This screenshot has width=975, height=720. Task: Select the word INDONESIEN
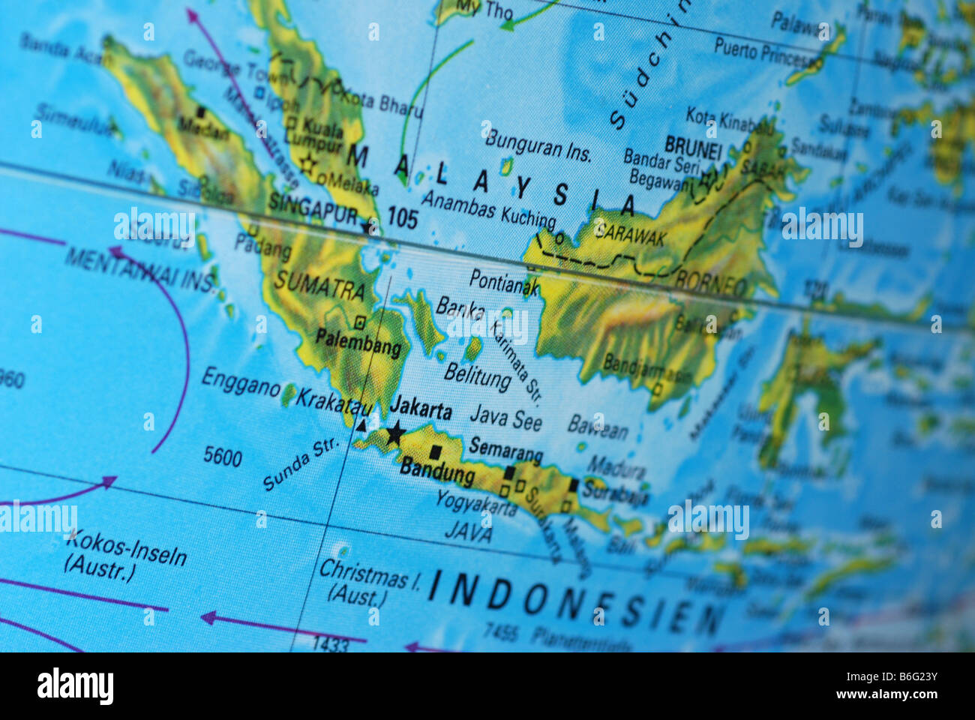(x=574, y=603)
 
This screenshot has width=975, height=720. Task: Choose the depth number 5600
(x=223, y=456)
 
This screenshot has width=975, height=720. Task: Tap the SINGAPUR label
(x=313, y=210)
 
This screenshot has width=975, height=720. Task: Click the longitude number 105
(x=403, y=219)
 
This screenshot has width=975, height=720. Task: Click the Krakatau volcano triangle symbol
(x=361, y=426)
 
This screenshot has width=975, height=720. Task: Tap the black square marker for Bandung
(x=435, y=452)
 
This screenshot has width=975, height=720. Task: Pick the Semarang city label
(x=505, y=449)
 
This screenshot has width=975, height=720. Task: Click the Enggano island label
(x=241, y=382)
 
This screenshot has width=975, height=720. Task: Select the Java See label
(x=505, y=418)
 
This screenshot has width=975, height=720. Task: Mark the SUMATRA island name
(x=319, y=284)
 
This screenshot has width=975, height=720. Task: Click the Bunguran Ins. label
(x=538, y=145)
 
